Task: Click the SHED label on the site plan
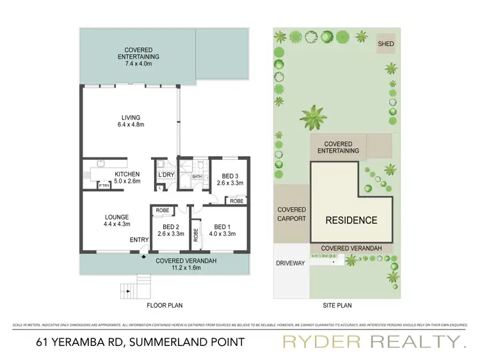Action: pos(385,44)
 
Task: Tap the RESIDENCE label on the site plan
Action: pos(351,221)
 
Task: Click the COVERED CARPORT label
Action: pos(291,214)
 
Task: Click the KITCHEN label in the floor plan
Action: pos(127,175)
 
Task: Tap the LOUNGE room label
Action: pos(117,217)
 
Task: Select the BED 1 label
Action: pos(222,226)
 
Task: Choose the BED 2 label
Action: pos(170,226)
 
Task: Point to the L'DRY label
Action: pos(166,175)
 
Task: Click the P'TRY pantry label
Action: pos(104,186)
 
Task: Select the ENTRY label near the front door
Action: pos(139,240)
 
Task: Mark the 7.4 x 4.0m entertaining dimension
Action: pos(142,64)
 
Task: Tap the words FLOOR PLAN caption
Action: pos(164,306)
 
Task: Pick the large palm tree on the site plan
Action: pos(315,118)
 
